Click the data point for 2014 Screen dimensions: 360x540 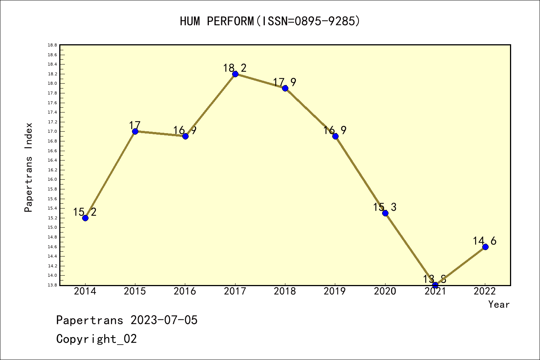[x=85, y=218]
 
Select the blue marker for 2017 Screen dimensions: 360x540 [x=235, y=74]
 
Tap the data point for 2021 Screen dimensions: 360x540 [x=435, y=285]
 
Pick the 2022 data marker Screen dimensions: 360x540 [x=485, y=247]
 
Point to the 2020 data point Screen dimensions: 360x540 [x=385, y=213]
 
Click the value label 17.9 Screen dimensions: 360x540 [x=285, y=82]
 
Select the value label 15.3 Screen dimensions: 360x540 [x=385, y=207]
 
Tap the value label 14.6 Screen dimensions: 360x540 [x=484, y=241]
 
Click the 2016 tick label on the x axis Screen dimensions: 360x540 [x=185, y=291]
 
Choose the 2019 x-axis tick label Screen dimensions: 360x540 [x=335, y=291]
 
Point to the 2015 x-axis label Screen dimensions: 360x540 [x=135, y=291]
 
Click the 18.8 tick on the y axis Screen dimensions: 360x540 [x=52, y=45]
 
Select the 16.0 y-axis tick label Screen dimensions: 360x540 [x=52, y=180]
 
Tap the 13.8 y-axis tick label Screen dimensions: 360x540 [x=52, y=285]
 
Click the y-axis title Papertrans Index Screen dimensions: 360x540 [x=28, y=167]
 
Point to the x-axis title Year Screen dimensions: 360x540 [x=499, y=304]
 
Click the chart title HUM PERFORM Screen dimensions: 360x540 [x=270, y=21]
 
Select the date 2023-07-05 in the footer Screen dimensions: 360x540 [x=164, y=320]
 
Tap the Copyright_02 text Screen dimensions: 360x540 [x=96, y=339]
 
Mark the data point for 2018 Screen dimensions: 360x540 [x=285, y=88]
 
